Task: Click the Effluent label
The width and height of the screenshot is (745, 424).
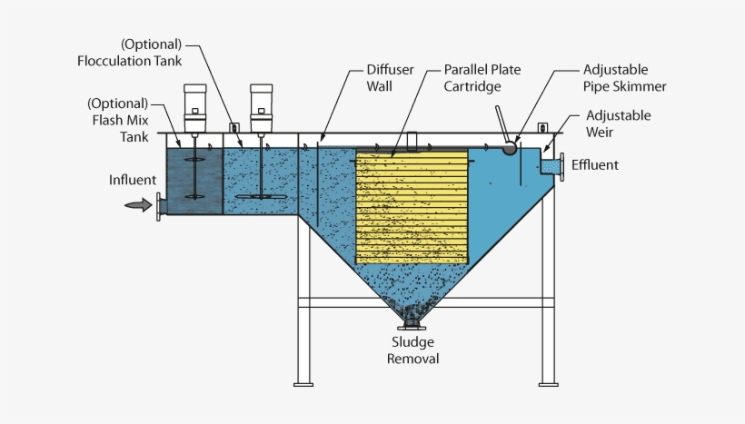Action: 596,165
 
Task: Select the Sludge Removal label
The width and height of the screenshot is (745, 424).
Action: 413,350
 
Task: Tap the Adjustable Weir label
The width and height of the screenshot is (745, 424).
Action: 618,123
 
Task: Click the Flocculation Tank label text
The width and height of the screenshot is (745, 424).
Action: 130,53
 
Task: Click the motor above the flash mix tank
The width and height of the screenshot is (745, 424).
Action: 196,104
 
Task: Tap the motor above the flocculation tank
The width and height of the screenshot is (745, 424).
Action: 262,104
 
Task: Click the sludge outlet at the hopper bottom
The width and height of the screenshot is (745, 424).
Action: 413,321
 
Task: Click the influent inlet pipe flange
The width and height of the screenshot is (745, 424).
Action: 161,206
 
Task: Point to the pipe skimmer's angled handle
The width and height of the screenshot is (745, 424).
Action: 502,123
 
